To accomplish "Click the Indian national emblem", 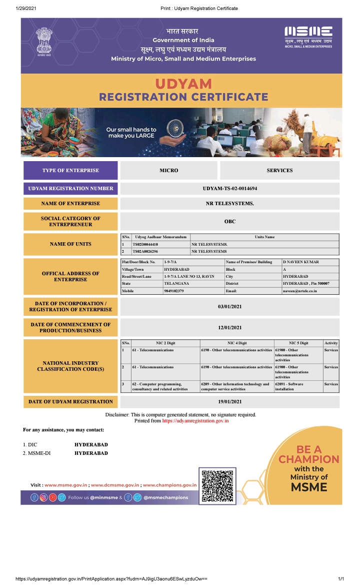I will tap(44, 43).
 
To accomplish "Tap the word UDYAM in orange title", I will tap(183, 84).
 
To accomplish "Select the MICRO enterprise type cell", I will tap(168, 171).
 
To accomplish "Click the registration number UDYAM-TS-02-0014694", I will tap(230, 189).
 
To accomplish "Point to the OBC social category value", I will tap(229, 221).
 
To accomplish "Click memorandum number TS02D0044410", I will tap(145, 244).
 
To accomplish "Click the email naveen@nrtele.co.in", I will tap(300, 291).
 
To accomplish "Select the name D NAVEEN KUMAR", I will tap(300, 262).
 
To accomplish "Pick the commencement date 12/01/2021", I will tap(229, 328).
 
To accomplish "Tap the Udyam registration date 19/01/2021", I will tap(229, 401).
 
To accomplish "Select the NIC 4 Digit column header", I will tap(237, 343).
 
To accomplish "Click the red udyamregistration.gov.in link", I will tap(195, 421).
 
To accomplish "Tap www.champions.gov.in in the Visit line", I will tap(170, 485).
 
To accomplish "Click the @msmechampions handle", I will tap(166, 497).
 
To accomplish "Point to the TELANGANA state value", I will tap(176, 283).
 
